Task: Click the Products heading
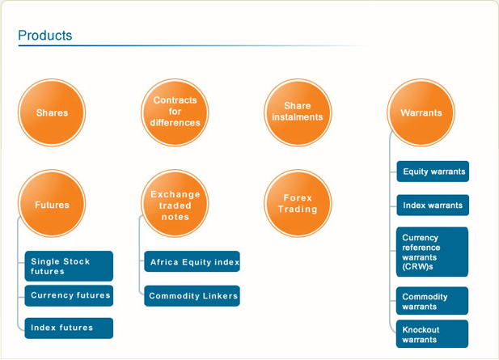[x=44, y=36]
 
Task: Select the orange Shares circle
[x=52, y=112]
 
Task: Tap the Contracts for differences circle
[x=175, y=112]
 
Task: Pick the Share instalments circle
[x=298, y=112]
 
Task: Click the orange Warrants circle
[x=421, y=112]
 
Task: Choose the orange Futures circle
[x=52, y=203]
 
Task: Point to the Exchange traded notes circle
[x=175, y=203]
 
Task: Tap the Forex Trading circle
[x=298, y=203]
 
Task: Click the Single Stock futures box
[x=69, y=266]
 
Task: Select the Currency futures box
[x=69, y=296]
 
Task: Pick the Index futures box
[x=69, y=328]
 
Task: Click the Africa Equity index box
[x=192, y=261]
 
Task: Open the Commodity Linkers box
[x=192, y=296]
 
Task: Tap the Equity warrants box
[x=433, y=172]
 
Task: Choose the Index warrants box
[x=433, y=205]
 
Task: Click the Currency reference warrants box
[x=432, y=252]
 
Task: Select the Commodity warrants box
[x=432, y=301]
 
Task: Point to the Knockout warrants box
[x=432, y=334]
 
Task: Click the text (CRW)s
[x=417, y=266]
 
